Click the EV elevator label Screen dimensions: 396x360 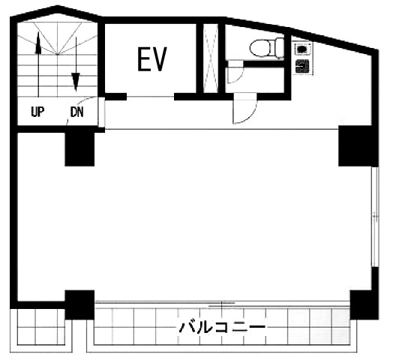(x=152, y=58)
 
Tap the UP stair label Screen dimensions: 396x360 (x=37, y=112)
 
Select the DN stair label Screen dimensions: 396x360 (x=77, y=112)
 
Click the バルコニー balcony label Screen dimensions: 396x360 (x=222, y=328)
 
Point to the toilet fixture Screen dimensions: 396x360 (x=267, y=47)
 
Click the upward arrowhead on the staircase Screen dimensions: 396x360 (x=38, y=43)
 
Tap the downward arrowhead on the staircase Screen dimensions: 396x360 (x=76, y=82)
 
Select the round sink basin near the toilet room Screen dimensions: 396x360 (x=302, y=49)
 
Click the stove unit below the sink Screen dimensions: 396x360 (x=303, y=67)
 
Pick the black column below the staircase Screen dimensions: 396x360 (x=79, y=149)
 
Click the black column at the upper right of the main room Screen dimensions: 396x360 (x=358, y=146)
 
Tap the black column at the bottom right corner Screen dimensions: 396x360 (x=364, y=304)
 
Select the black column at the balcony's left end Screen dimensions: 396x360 (x=79, y=304)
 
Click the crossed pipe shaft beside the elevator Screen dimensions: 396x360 (x=211, y=58)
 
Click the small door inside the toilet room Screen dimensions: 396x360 (x=235, y=71)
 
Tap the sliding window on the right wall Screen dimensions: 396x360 (x=375, y=217)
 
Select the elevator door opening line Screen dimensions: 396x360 (x=150, y=97)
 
